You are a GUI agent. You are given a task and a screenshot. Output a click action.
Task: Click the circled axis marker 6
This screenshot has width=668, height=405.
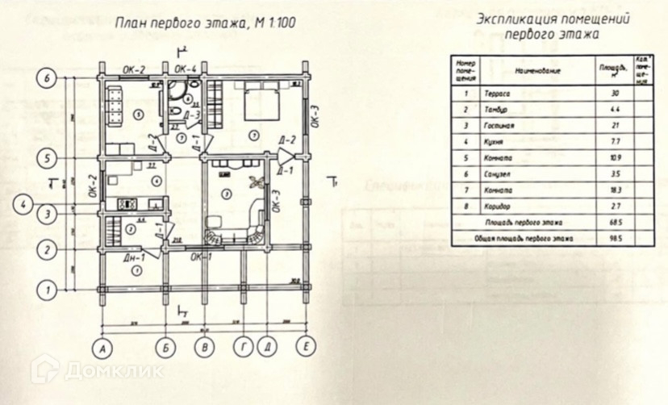click(48, 78)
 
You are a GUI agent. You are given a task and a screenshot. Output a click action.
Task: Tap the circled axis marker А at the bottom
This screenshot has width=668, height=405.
click(102, 349)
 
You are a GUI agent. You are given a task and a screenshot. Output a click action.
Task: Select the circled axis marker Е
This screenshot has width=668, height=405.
click(305, 349)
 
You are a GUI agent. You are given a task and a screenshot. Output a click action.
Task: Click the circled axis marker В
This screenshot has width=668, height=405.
click(205, 349)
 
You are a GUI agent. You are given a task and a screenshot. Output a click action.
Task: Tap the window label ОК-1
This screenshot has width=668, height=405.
click(201, 257)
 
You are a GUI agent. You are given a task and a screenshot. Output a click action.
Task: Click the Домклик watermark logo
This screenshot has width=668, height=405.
click(97, 370)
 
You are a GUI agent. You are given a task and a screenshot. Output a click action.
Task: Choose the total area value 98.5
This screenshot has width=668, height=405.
click(616, 240)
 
